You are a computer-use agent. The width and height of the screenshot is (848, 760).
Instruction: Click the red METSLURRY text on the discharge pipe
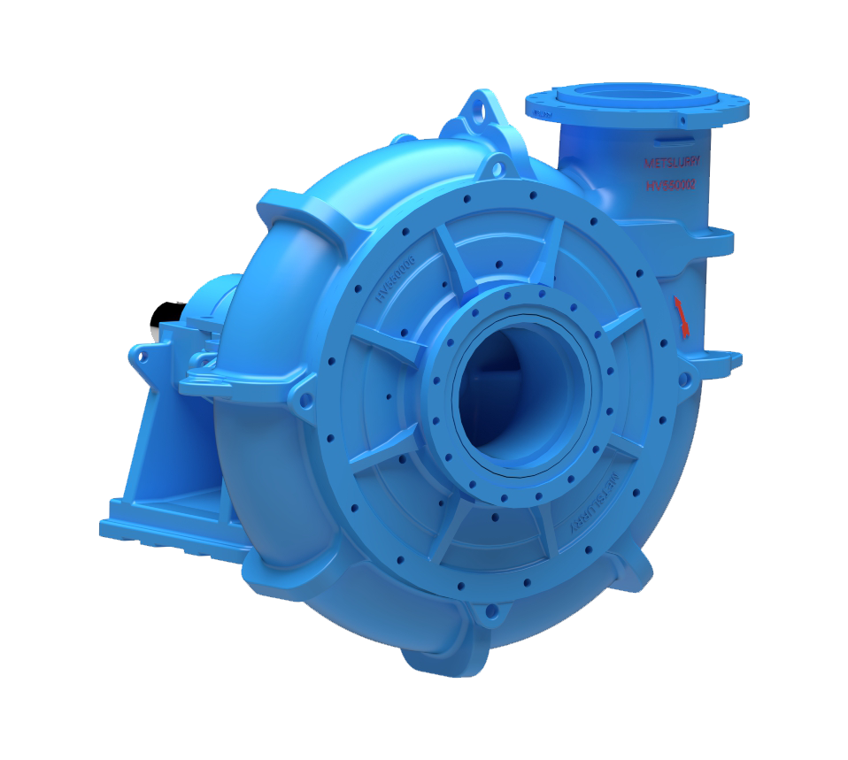tap(670, 163)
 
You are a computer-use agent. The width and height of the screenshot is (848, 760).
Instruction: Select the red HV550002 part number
tap(671, 185)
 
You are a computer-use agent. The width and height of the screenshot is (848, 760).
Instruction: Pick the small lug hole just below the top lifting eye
tap(497, 165)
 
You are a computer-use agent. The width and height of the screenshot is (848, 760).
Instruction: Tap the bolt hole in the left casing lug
tap(306, 400)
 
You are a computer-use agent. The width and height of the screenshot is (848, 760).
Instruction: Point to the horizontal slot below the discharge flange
tap(675, 138)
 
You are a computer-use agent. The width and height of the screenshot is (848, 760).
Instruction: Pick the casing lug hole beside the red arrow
tap(682, 380)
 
